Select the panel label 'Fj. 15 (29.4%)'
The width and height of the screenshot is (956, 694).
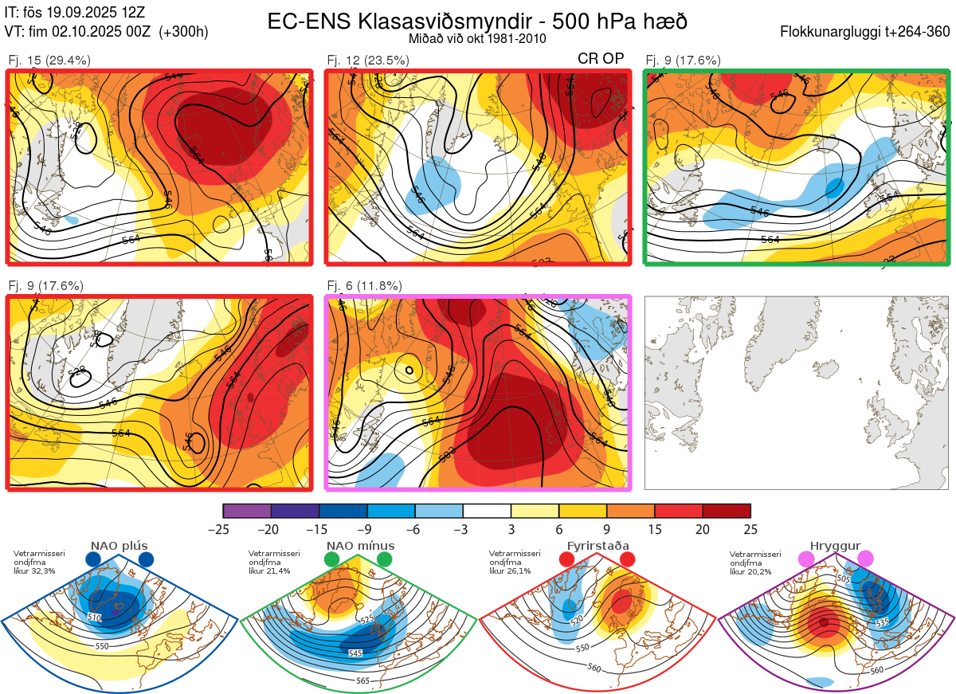click(x=49, y=60)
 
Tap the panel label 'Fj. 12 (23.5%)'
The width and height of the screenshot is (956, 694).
click(x=368, y=60)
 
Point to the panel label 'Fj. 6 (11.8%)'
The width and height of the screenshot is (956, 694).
click(x=365, y=286)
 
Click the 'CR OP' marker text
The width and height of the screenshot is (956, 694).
click(x=601, y=59)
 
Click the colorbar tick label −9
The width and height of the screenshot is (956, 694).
click(x=367, y=529)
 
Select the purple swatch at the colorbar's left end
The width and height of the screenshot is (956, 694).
click(x=247, y=511)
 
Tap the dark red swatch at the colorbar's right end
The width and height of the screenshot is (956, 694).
click(x=727, y=511)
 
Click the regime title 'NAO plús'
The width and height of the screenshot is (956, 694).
click(x=119, y=546)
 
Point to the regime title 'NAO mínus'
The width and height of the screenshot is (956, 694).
click(x=360, y=546)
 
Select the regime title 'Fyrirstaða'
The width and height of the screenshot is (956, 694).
click(x=596, y=546)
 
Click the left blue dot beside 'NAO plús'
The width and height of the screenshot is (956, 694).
click(x=93, y=560)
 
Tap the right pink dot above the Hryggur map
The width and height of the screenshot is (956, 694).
click(x=865, y=560)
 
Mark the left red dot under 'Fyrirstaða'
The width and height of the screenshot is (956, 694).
click(x=567, y=560)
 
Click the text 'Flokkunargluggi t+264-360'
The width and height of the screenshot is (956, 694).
click(x=867, y=32)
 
